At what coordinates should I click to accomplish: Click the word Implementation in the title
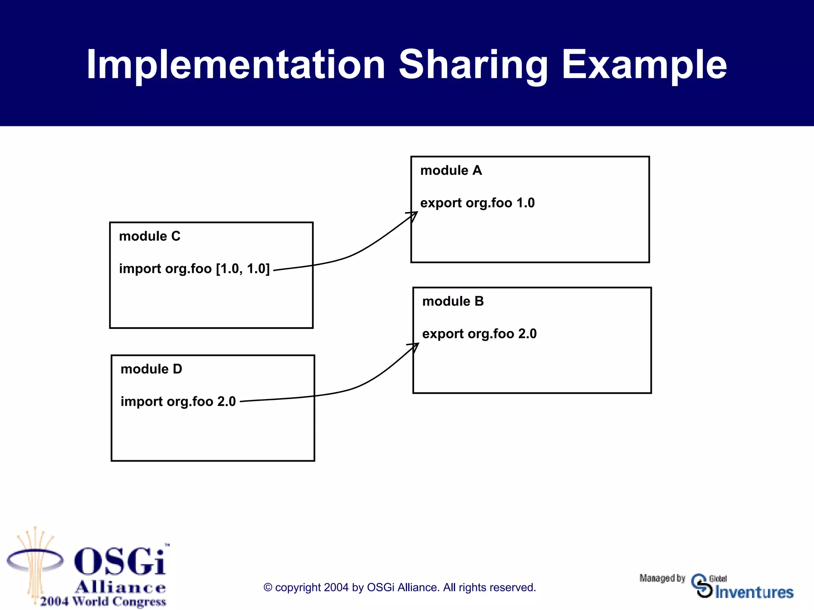click(x=235, y=65)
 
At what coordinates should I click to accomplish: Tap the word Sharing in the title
click(x=473, y=65)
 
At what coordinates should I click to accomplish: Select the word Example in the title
click(x=644, y=65)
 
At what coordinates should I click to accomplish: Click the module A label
click(x=451, y=170)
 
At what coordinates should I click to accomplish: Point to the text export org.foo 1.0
click(x=477, y=203)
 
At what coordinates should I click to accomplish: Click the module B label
click(x=453, y=301)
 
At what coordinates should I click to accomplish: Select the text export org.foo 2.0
click(x=479, y=334)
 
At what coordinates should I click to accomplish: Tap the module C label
click(x=149, y=236)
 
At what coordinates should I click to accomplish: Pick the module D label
click(x=151, y=369)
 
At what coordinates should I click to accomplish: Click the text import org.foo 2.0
click(x=178, y=402)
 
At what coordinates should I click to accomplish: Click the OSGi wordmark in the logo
click(x=120, y=561)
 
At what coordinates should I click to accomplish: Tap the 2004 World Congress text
click(x=103, y=601)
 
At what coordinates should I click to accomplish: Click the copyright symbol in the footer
click(x=268, y=588)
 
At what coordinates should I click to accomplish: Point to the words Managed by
click(x=662, y=578)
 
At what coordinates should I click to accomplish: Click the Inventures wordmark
click(x=754, y=592)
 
